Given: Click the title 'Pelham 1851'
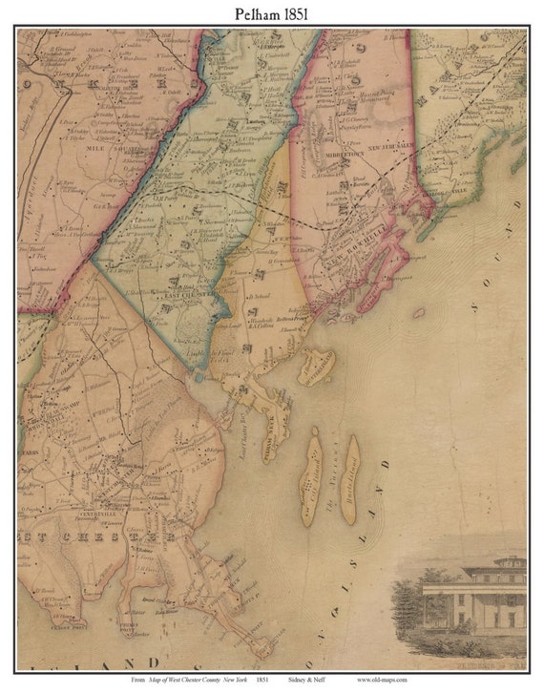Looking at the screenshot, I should click(x=271, y=13).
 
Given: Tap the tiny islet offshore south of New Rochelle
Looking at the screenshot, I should click(x=418, y=312).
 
